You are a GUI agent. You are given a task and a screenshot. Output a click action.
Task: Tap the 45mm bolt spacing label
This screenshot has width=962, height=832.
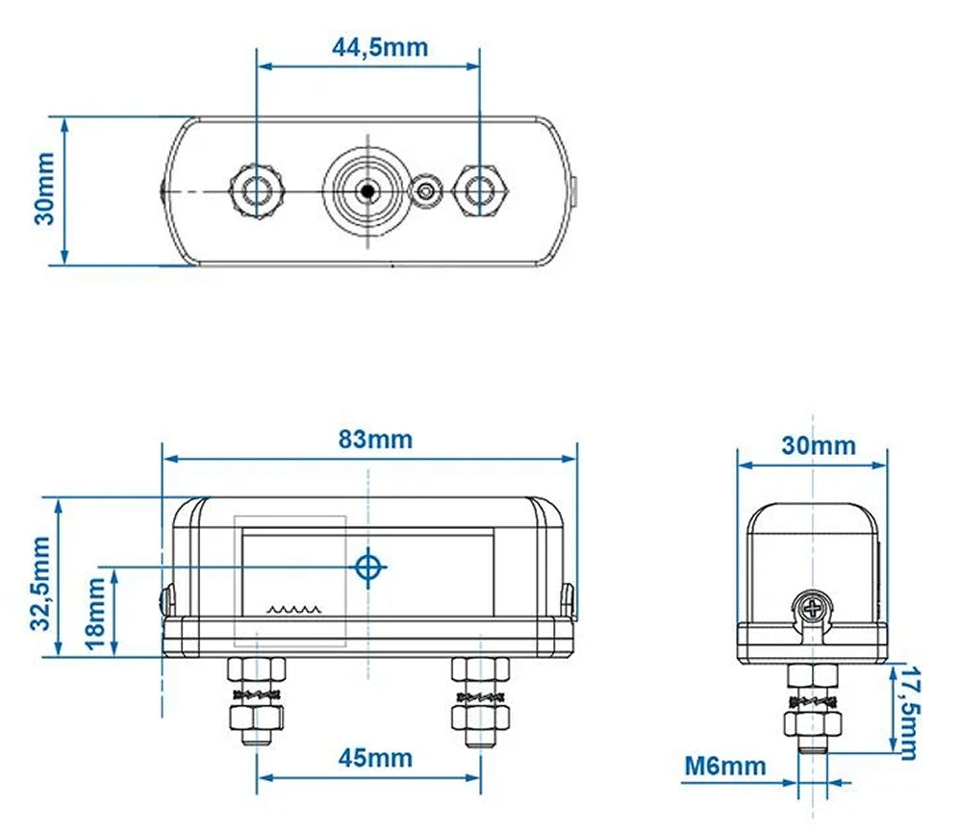tap(375, 758)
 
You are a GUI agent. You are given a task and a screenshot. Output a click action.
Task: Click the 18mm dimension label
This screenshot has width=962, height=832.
tap(96, 613)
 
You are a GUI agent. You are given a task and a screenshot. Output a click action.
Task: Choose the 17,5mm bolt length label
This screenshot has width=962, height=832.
tap(906, 712)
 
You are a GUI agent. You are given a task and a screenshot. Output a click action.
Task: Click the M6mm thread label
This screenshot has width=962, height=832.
tap(726, 767)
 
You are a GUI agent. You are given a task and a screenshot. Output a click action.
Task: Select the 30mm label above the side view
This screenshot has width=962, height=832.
tap(818, 445)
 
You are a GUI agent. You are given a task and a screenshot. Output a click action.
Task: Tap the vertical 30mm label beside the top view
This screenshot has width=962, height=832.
tap(44, 192)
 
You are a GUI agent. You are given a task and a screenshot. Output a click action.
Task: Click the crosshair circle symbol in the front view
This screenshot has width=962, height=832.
tap(367, 567)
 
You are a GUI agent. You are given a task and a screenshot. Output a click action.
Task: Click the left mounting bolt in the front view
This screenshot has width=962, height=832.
tap(257, 702)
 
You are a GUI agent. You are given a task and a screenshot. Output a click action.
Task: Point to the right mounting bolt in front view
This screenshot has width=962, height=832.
tap(479, 702)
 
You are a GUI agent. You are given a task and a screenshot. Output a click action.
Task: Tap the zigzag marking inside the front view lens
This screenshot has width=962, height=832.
tap(292, 609)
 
